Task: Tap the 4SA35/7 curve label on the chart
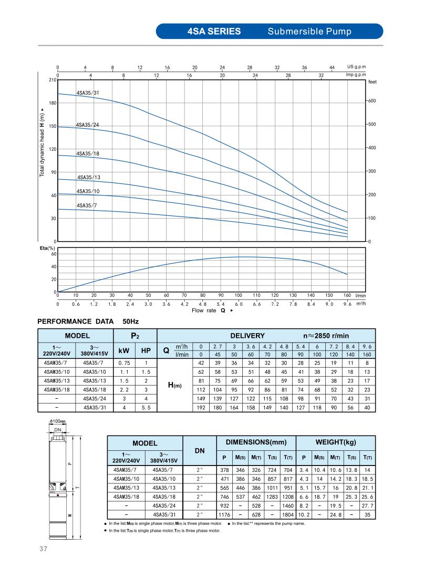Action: (86, 205)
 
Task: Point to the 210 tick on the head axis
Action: (53, 80)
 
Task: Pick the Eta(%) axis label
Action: (48, 248)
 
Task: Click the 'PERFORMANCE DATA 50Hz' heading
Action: (88, 321)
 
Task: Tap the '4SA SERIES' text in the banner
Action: (214, 31)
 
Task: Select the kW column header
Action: (125, 350)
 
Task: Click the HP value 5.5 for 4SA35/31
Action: (146, 407)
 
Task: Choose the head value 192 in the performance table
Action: (201, 407)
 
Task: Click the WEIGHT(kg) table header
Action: (336, 442)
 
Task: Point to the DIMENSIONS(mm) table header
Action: (257, 442)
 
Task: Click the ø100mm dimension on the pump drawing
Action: (57, 421)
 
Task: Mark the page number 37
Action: (44, 550)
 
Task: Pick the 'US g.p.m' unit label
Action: (356, 67)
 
